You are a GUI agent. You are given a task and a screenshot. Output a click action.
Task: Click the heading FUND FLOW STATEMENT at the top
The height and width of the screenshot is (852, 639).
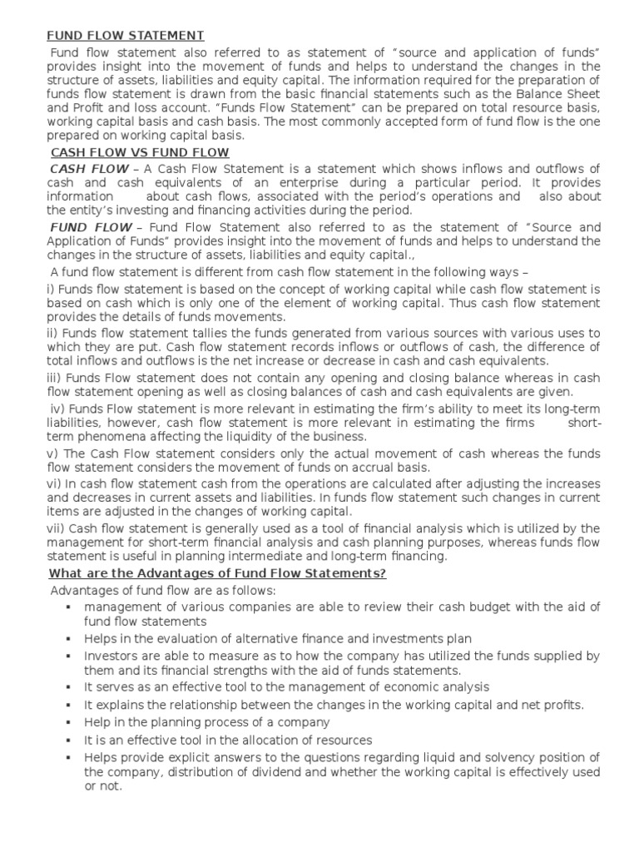point(125,35)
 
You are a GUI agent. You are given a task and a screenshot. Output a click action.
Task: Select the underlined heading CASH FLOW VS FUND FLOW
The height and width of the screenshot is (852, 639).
point(140,153)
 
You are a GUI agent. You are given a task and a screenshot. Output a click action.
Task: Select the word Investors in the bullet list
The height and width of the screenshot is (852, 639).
point(111,656)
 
